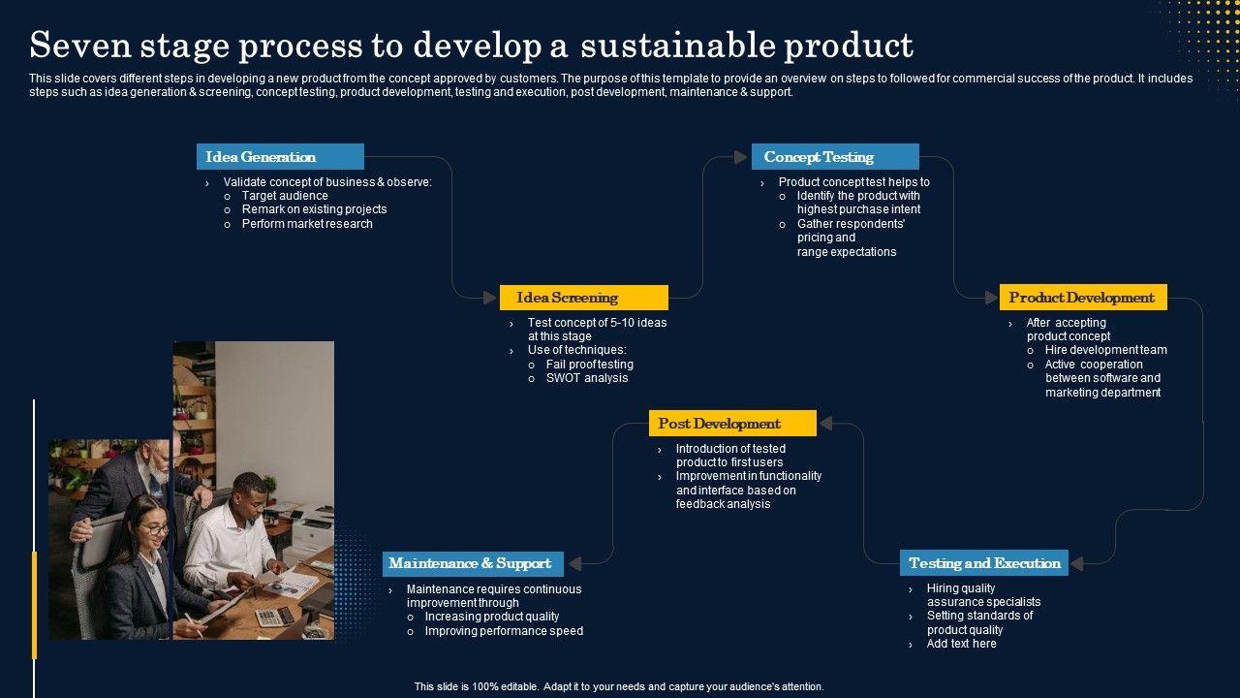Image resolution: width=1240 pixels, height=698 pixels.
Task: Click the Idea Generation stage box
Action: tap(280, 157)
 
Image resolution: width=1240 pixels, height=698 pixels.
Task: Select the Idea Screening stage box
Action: tap(583, 298)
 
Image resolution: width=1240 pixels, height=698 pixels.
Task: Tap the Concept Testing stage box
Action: tap(835, 157)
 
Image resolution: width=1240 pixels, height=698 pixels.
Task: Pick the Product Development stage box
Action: tap(1083, 298)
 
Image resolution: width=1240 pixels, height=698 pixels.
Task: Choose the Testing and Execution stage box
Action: tap(983, 563)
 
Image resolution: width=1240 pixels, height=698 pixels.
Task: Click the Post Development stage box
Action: tap(732, 424)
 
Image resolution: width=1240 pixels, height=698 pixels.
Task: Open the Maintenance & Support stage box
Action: tap(470, 563)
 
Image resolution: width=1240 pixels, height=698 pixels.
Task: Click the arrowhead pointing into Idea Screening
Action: tap(490, 298)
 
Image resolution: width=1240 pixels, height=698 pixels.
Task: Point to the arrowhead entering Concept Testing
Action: tap(741, 157)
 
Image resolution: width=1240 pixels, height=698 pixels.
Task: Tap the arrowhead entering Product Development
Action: tap(990, 298)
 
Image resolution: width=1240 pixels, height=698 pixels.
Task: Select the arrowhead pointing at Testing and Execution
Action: tap(1077, 563)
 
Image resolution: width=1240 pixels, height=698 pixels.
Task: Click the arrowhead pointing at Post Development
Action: tap(826, 424)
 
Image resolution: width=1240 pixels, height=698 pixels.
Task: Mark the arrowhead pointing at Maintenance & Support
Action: tap(574, 563)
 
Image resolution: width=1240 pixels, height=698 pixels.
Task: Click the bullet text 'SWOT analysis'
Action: tap(587, 378)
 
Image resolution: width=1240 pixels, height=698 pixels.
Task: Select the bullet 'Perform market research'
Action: tap(307, 224)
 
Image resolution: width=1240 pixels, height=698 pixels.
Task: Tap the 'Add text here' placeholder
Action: tap(961, 644)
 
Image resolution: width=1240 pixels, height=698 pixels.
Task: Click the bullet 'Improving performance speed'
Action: tap(504, 631)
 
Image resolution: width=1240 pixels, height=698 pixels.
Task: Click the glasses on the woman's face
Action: tap(155, 529)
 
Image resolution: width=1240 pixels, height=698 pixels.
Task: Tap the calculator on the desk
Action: tap(274, 616)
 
